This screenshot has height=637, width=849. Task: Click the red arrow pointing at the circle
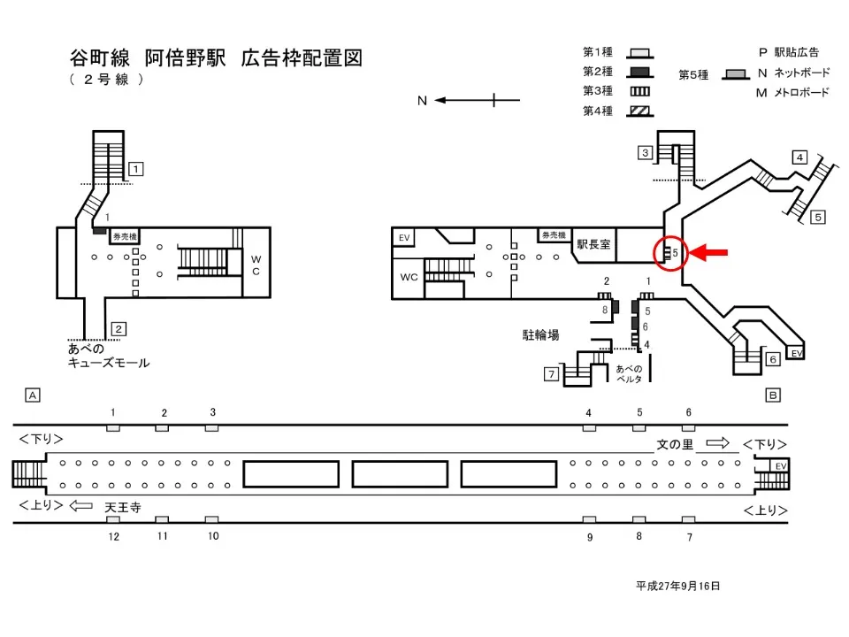(x=709, y=253)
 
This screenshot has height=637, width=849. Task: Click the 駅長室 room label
(x=593, y=244)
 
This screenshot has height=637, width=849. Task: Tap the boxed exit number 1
(x=136, y=168)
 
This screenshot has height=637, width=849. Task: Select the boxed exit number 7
(x=550, y=375)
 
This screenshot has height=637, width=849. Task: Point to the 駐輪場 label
(x=540, y=335)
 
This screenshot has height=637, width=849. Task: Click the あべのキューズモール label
(x=109, y=356)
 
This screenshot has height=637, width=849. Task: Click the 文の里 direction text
(x=675, y=444)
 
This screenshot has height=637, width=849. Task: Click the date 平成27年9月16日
(x=677, y=586)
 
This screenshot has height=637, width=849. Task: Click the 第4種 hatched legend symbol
(x=639, y=111)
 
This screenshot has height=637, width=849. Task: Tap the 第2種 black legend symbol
(x=639, y=72)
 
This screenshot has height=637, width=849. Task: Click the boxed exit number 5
(x=818, y=216)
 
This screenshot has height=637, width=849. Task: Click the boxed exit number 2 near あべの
(x=119, y=329)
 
